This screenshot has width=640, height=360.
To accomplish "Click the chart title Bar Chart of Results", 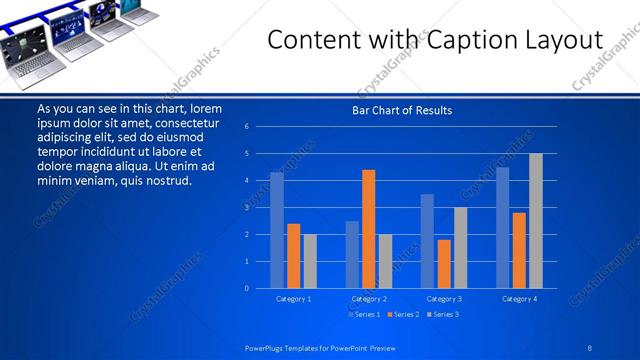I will (401, 110).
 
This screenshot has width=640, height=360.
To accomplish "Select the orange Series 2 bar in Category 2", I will (368, 229).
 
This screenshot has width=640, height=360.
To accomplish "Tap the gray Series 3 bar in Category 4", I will (536, 221).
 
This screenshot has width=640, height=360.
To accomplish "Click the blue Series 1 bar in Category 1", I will (277, 230).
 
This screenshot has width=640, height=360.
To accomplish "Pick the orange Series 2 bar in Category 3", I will (444, 264).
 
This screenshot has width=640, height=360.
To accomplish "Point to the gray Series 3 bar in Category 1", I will (310, 261).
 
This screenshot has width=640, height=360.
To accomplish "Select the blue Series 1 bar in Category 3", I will (427, 241).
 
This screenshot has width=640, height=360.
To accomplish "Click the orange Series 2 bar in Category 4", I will (519, 250).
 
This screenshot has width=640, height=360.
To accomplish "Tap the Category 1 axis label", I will (293, 299).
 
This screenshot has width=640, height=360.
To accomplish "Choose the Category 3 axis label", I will (443, 299).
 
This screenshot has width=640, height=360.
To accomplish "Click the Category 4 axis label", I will (518, 299).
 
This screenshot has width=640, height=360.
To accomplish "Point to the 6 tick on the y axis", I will (260, 127).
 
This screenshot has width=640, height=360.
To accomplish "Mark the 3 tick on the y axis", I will (260, 207).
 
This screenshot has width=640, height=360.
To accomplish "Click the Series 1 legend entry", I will (364, 315).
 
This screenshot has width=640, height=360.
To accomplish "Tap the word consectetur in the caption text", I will (186, 123).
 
